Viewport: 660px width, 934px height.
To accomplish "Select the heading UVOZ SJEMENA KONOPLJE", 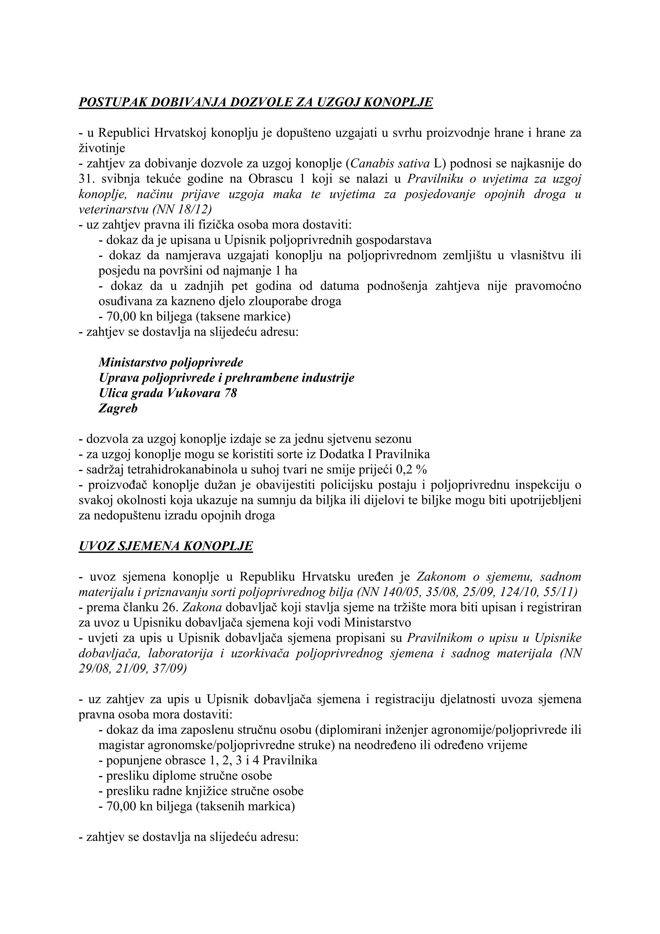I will tap(166, 546).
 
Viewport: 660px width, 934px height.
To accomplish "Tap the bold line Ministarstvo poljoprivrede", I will tap(171, 362).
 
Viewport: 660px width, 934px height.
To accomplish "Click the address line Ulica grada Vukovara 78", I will tap(168, 393).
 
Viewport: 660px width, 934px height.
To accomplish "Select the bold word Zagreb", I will tap(118, 408).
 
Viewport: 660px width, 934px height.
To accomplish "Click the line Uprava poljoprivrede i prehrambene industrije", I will tap(227, 378).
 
